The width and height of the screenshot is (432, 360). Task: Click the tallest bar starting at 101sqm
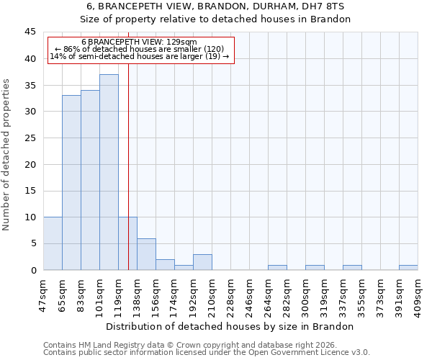109,172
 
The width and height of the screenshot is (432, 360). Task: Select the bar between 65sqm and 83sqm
71,183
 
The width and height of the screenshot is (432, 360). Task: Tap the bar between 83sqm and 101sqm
90,180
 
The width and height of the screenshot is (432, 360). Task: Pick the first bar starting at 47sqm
53,243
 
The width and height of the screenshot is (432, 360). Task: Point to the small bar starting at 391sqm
408,267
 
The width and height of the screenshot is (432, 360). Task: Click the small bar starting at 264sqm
277,267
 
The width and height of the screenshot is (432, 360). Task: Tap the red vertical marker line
128,158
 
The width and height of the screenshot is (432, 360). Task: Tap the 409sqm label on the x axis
418,294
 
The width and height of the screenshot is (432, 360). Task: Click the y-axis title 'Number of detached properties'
7,155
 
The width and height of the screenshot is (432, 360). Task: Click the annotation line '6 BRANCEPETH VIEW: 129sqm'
139,42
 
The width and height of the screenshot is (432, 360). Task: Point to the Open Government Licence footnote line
207,353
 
